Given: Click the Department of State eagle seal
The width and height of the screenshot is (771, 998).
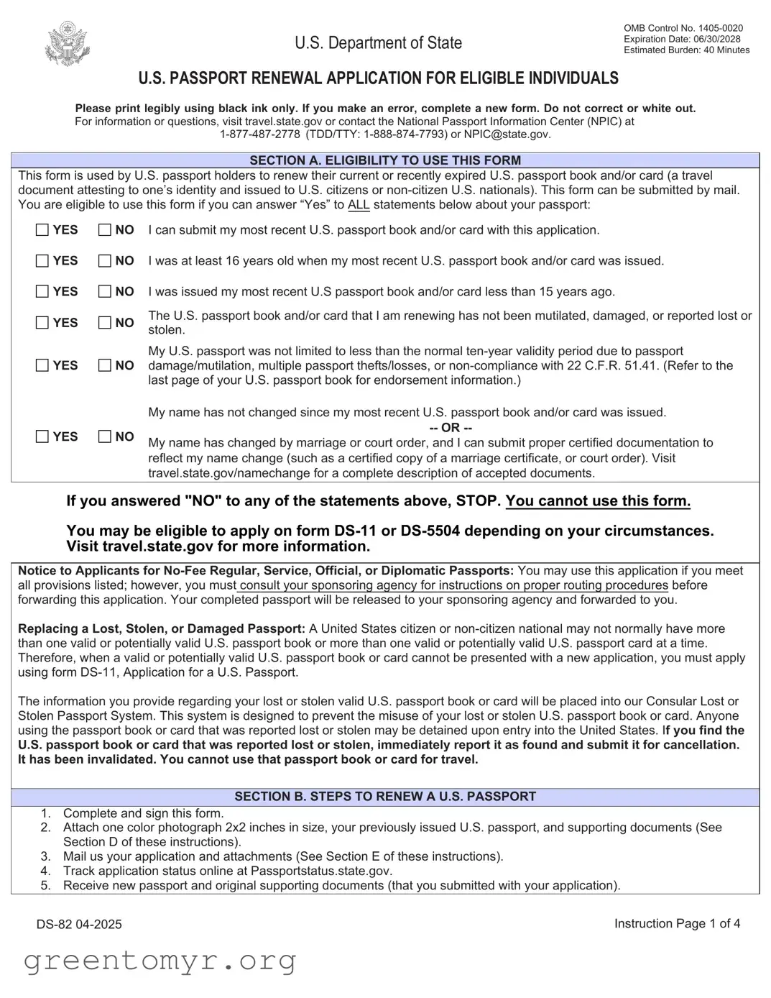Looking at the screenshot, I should click(x=68, y=44).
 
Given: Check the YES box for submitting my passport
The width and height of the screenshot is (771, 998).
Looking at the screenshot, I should click(x=43, y=230).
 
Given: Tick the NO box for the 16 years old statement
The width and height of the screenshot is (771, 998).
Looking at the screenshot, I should click(x=105, y=261).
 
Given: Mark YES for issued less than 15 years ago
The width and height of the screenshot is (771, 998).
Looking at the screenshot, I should click(x=43, y=291).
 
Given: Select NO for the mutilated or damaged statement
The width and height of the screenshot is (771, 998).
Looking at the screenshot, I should click(x=105, y=323).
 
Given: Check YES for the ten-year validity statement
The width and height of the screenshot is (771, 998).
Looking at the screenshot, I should click(x=43, y=365).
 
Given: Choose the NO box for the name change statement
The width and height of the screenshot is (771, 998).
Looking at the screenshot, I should click(x=105, y=436).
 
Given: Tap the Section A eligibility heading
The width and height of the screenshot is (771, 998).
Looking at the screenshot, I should click(x=385, y=160).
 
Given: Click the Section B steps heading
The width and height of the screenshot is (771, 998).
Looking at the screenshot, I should click(x=385, y=797).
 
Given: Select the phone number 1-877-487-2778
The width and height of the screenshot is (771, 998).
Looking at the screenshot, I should click(x=259, y=134).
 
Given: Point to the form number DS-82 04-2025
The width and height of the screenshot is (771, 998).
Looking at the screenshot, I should click(x=79, y=924).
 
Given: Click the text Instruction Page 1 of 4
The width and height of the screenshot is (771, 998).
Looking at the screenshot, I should click(x=677, y=923).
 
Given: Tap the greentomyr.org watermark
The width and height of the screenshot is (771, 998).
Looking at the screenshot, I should click(x=160, y=960).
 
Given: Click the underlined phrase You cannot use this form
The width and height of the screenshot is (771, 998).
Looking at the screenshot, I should click(x=598, y=501).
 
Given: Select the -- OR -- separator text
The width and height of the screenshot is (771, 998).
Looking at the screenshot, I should click(x=451, y=428).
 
